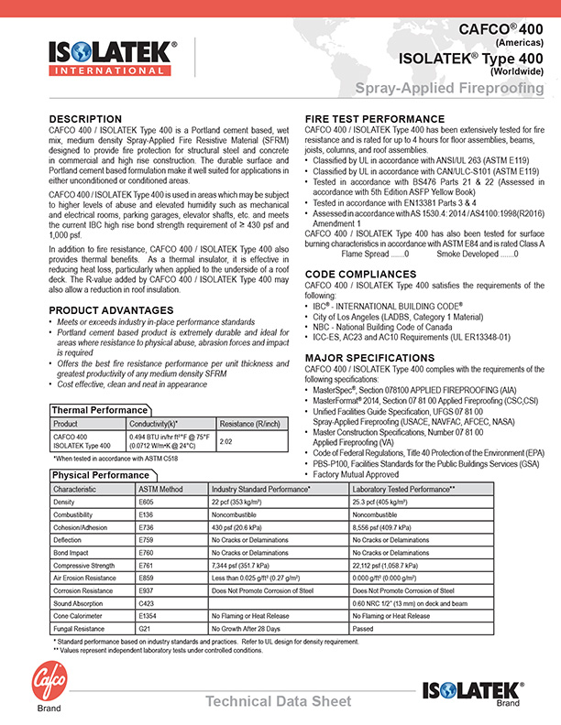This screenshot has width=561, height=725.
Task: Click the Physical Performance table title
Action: (101, 476)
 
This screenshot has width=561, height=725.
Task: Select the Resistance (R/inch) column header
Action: (248, 424)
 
